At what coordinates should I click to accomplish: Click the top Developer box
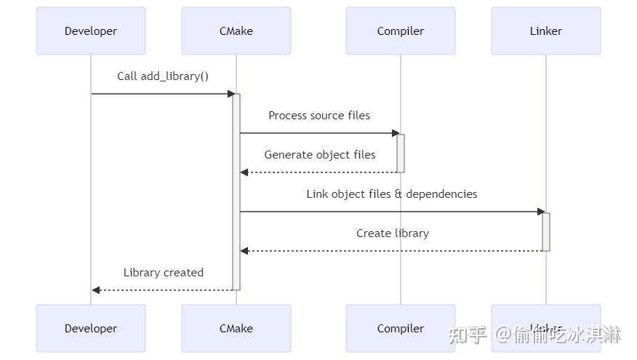(91, 31)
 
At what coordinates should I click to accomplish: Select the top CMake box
(236, 31)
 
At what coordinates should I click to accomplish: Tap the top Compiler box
(401, 31)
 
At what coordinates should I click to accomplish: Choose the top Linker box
(546, 31)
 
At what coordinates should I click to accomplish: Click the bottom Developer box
(91, 329)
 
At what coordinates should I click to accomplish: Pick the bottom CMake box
(236, 329)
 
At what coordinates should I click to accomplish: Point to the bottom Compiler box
(401, 329)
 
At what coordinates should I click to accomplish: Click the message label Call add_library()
(163, 76)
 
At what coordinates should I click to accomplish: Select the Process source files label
(319, 116)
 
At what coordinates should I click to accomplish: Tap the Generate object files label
(320, 155)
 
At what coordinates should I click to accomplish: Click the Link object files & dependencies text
(392, 194)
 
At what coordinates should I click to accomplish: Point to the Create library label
(393, 233)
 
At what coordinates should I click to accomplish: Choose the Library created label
(164, 273)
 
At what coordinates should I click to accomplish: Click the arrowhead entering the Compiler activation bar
(396, 133)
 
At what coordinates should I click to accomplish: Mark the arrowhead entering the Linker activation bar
(541, 212)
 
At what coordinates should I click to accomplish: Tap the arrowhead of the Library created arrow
(96, 290)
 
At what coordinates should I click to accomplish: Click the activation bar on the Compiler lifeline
(401, 153)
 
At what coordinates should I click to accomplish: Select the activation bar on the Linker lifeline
(546, 231)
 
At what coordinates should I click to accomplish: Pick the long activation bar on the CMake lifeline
(236, 191)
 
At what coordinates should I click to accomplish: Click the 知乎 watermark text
(468, 335)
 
